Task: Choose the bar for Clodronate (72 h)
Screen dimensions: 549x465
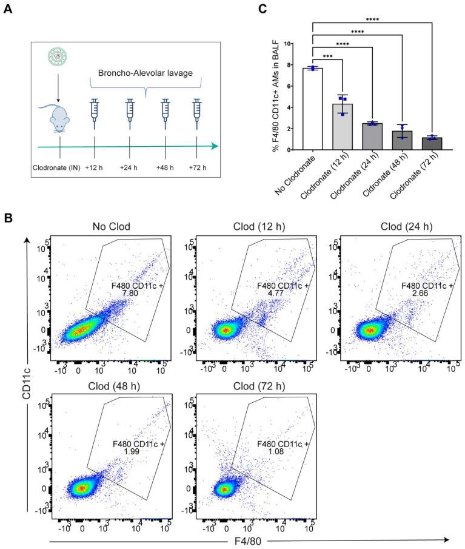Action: pyautogui.click(x=432, y=144)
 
